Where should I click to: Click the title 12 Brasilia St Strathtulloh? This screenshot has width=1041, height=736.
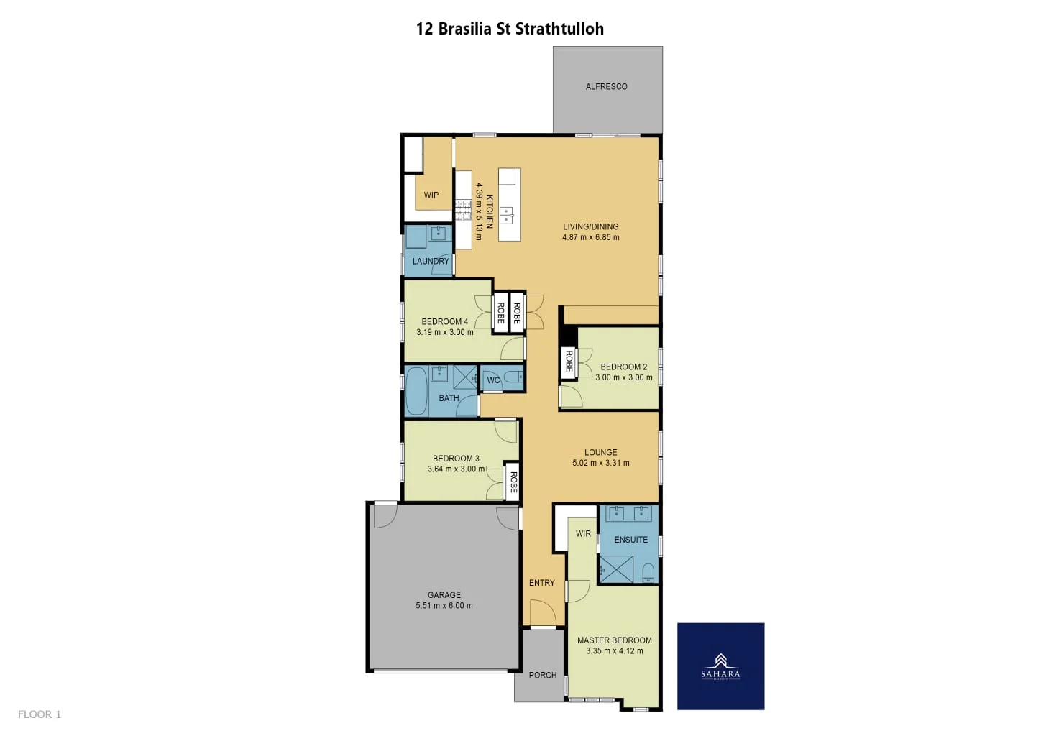510,29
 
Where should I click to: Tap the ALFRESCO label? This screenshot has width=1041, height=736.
606,87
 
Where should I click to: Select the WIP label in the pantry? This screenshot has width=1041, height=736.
431,195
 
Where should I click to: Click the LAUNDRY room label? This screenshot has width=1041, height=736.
431,262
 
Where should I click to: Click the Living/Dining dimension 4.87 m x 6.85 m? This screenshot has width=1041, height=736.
590,237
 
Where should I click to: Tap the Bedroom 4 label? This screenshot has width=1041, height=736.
444,322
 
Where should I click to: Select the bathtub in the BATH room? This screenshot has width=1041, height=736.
416,392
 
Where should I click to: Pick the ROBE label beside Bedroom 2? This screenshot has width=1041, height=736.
569,361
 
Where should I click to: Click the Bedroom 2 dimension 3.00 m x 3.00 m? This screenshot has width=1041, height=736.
623,377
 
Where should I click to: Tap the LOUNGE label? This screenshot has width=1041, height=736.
600,453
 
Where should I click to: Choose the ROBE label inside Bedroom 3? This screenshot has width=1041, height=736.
513,482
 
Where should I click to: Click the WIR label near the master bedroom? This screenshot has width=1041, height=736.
583,534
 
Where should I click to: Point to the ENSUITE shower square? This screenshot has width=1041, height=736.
616,569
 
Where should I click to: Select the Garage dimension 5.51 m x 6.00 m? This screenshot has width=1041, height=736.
444,606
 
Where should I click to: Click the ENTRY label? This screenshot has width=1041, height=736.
541,583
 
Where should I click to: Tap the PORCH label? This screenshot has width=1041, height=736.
542,675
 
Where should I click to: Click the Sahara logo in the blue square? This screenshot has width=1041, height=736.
720,666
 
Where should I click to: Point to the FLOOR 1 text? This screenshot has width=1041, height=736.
40,714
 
